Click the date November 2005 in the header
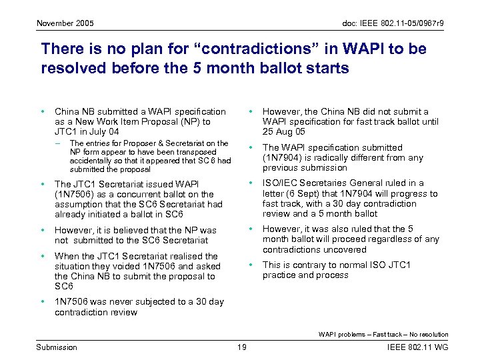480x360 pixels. click(65, 24)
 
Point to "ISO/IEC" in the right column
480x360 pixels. click(279, 183)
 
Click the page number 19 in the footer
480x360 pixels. click(241, 347)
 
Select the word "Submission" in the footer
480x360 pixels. click(57, 347)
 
